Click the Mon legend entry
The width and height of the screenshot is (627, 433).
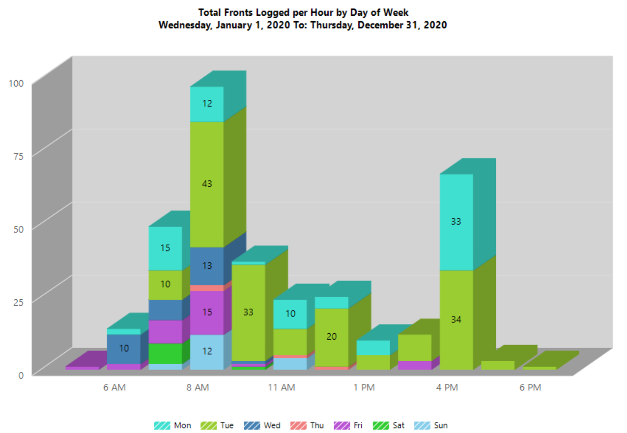[172, 425]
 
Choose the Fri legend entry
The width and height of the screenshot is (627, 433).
[349, 425]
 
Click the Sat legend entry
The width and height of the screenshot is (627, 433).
[389, 425]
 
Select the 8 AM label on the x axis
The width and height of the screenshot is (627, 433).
[198, 387]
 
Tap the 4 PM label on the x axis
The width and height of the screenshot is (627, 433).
[447, 387]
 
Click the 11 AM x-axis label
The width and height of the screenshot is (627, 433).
[282, 387]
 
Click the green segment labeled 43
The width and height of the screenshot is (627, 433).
[207, 184]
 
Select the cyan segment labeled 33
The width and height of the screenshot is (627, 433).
[456, 222]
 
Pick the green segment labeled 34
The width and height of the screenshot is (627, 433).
[456, 319]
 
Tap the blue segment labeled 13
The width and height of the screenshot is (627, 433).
[207, 265]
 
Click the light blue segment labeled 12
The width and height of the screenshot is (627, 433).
[207, 351]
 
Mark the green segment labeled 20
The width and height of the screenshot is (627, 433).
[332, 337]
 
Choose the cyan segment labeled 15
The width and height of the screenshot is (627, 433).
[165, 248]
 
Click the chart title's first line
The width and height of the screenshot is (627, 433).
[303, 12]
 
